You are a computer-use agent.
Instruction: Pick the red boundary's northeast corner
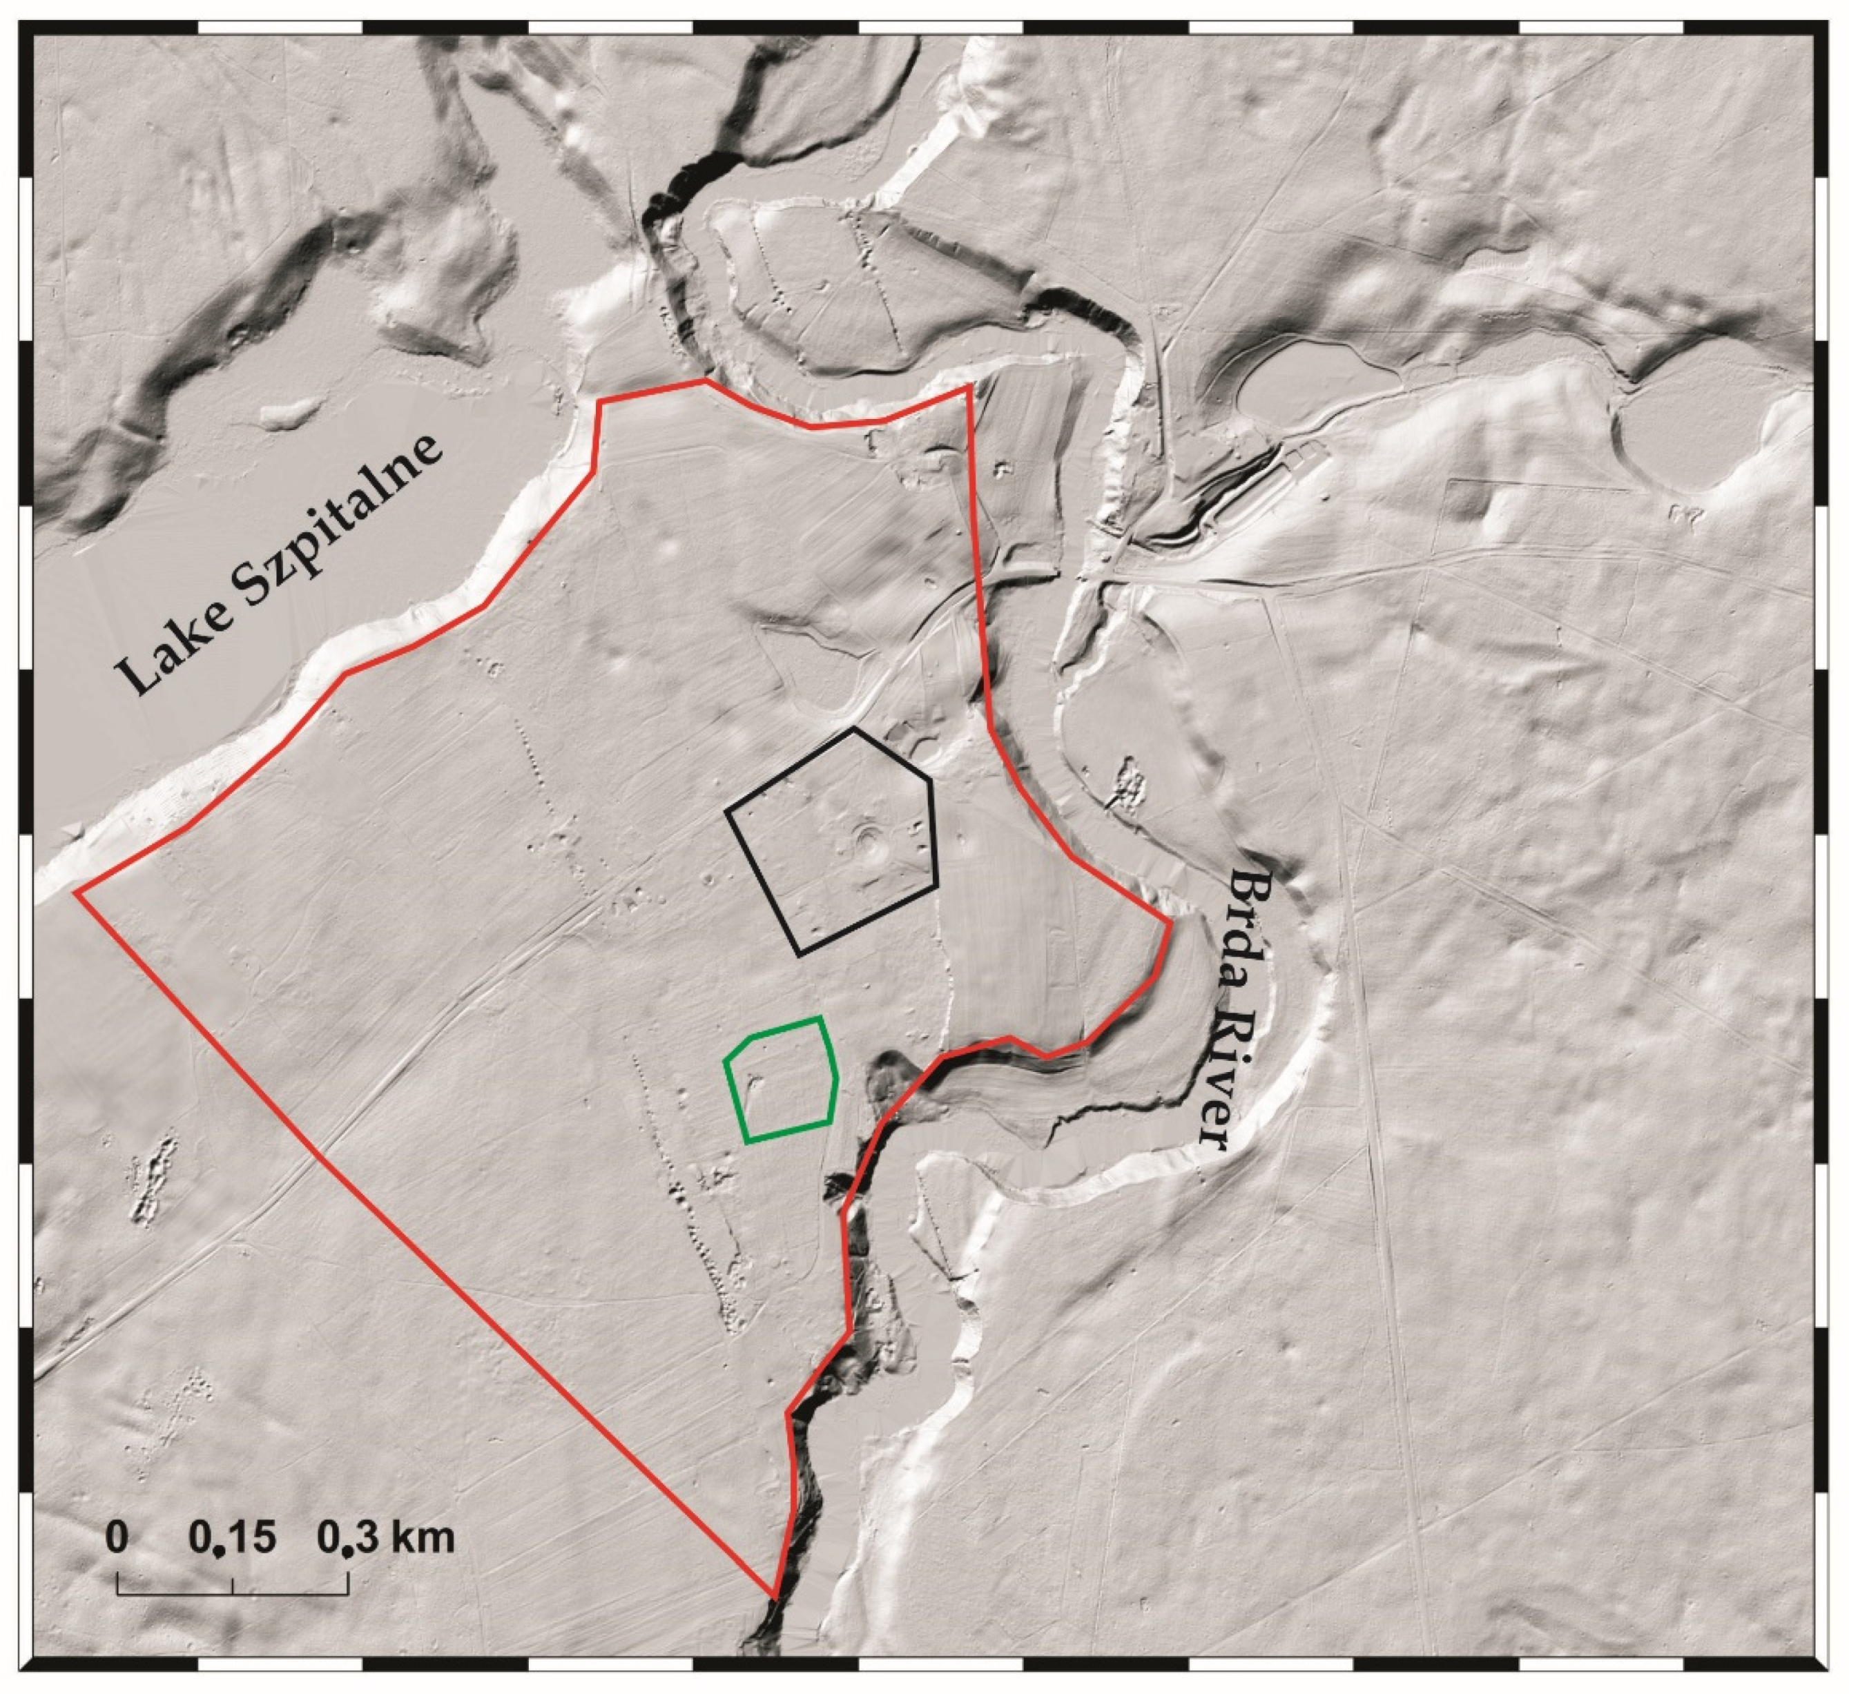click(969, 388)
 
